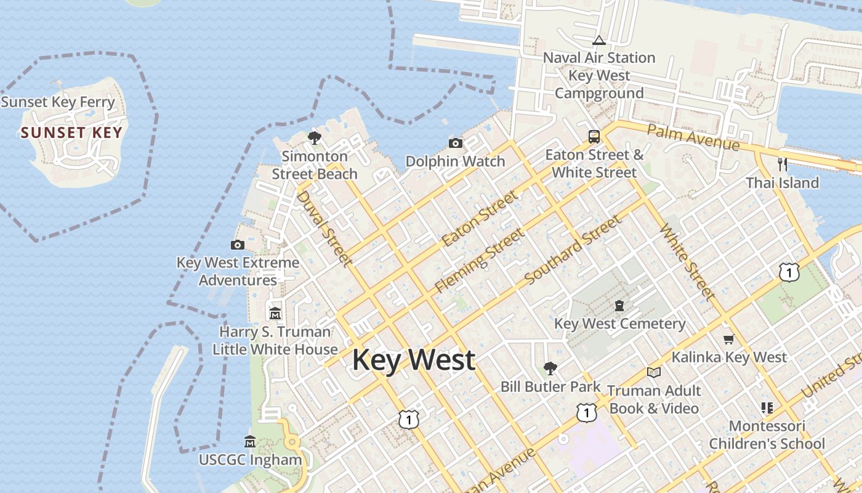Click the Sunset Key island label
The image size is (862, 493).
click(x=71, y=132)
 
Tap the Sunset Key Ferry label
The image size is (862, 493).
click(x=58, y=102)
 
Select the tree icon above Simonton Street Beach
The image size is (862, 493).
click(x=315, y=137)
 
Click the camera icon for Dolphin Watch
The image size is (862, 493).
click(x=456, y=144)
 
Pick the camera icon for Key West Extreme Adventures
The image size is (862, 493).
click(x=237, y=245)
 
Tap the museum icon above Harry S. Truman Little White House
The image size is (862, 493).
click(x=275, y=314)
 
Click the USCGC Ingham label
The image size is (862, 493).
click(x=250, y=460)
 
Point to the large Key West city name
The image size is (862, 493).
click(x=414, y=360)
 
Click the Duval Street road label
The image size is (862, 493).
click(x=325, y=229)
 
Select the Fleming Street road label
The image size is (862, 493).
click(x=480, y=260)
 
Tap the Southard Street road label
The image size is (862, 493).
click(x=573, y=251)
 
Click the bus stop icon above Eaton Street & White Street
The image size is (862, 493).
click(x=594, y=137)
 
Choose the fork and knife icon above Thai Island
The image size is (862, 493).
click(x=783, y=164)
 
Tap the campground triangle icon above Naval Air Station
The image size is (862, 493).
click(x=598, y=41)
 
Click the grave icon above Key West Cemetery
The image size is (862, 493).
click(x=619, y=306)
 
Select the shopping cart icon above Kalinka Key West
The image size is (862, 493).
click(x=729, y=339)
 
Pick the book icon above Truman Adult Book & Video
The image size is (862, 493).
click(x=653, y=372)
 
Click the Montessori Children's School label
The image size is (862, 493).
click(x=767, y=434)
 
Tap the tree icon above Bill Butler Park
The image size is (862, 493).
click(x=550, y=369)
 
